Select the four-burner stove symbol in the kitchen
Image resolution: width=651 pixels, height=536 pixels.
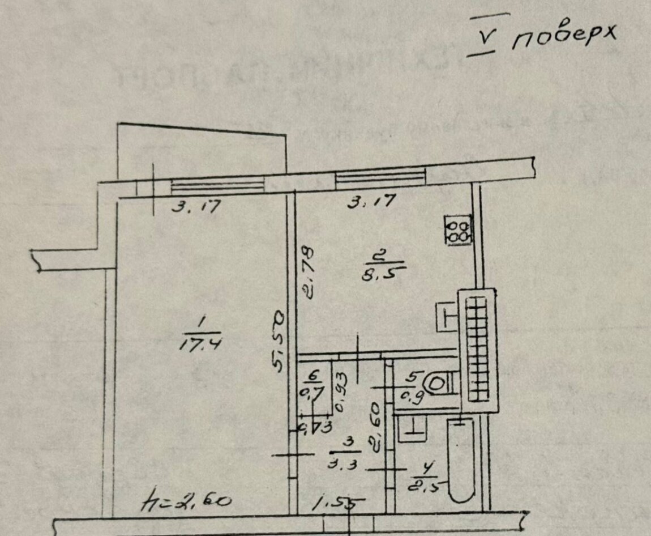click(x=458, y=230)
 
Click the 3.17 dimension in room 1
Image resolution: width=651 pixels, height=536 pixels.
click(x=195, y=206)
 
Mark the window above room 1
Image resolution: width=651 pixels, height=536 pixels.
click(x=217, y=184)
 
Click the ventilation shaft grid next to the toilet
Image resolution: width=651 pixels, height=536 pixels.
click(x=479, y=350)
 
